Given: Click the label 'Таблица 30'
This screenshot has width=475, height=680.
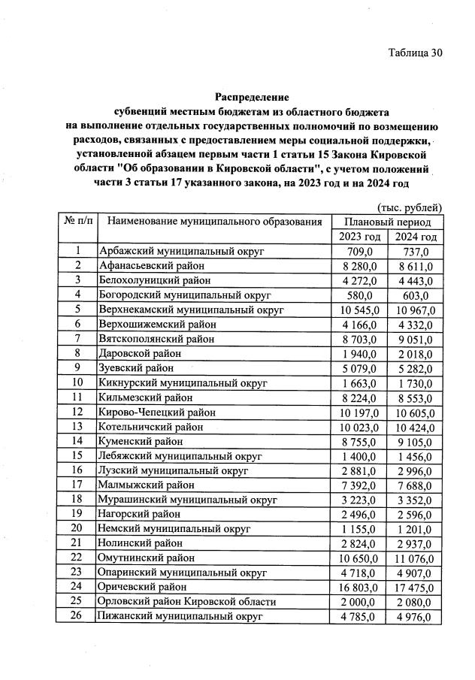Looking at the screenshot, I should pyautogui.click(x=415, y=53).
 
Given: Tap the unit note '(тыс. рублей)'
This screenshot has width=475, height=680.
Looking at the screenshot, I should pyautogui.click(x=409, y=207).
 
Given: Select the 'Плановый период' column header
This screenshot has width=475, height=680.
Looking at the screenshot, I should pyautogui.click(x=388, y=222).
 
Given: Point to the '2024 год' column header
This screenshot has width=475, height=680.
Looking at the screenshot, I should pyautogui.click(x=416, y=237).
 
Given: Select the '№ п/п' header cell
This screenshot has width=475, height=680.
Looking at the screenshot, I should pyautogui.click(x=77, y=222).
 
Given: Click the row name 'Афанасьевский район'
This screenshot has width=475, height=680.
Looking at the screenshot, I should pyautogui.click(x=151, y=265).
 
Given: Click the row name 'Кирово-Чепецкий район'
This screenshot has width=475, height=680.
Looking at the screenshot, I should pyautogui.click(x=157, y=412).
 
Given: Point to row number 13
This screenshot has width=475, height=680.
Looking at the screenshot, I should pyautogui.click(x=77, y=426).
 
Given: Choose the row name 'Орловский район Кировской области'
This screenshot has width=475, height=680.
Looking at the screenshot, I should pyautogui.click(x=186, y=602).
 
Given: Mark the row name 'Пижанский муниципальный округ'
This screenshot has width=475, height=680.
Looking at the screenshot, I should pyautogui.click(x=180, y=617).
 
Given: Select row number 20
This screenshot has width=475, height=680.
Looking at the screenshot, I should pyautogui.click(x=77, y=529).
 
